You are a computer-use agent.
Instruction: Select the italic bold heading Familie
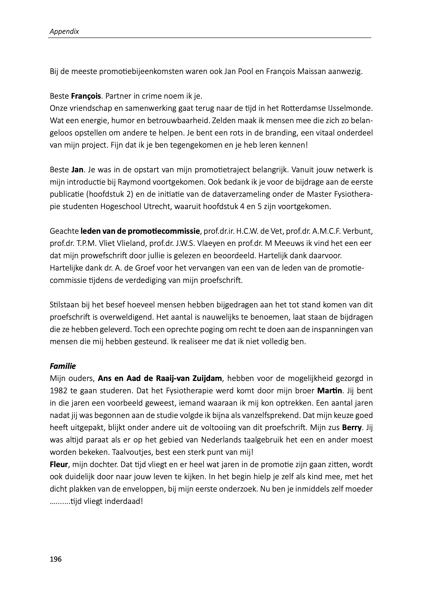pyautogui.click(x=62, y=366)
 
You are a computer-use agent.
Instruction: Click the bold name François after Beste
pyautogui.click(x=86, y=96)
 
